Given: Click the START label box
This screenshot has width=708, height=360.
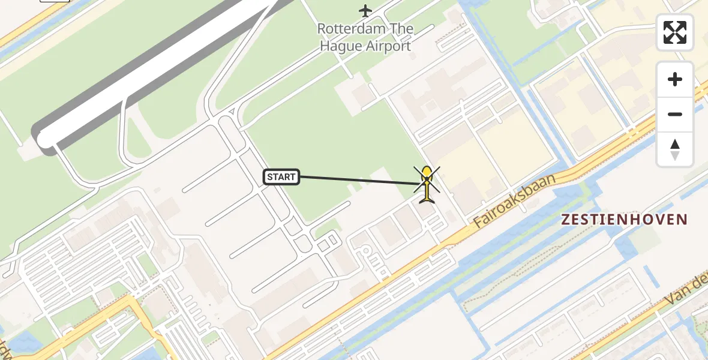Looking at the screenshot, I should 281,177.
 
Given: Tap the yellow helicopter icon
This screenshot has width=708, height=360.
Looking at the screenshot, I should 427,186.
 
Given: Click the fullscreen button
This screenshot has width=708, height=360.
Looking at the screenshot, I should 675,32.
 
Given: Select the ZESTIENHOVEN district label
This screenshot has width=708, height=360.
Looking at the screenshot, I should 624,220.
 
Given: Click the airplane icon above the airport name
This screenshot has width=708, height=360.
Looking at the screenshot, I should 365,10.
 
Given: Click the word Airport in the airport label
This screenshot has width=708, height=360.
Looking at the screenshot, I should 389,46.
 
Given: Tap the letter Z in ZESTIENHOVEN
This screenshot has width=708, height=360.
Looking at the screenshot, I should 565,220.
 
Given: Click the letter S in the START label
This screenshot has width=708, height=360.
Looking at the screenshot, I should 270,177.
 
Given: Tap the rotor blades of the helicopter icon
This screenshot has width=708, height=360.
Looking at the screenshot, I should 427,179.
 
